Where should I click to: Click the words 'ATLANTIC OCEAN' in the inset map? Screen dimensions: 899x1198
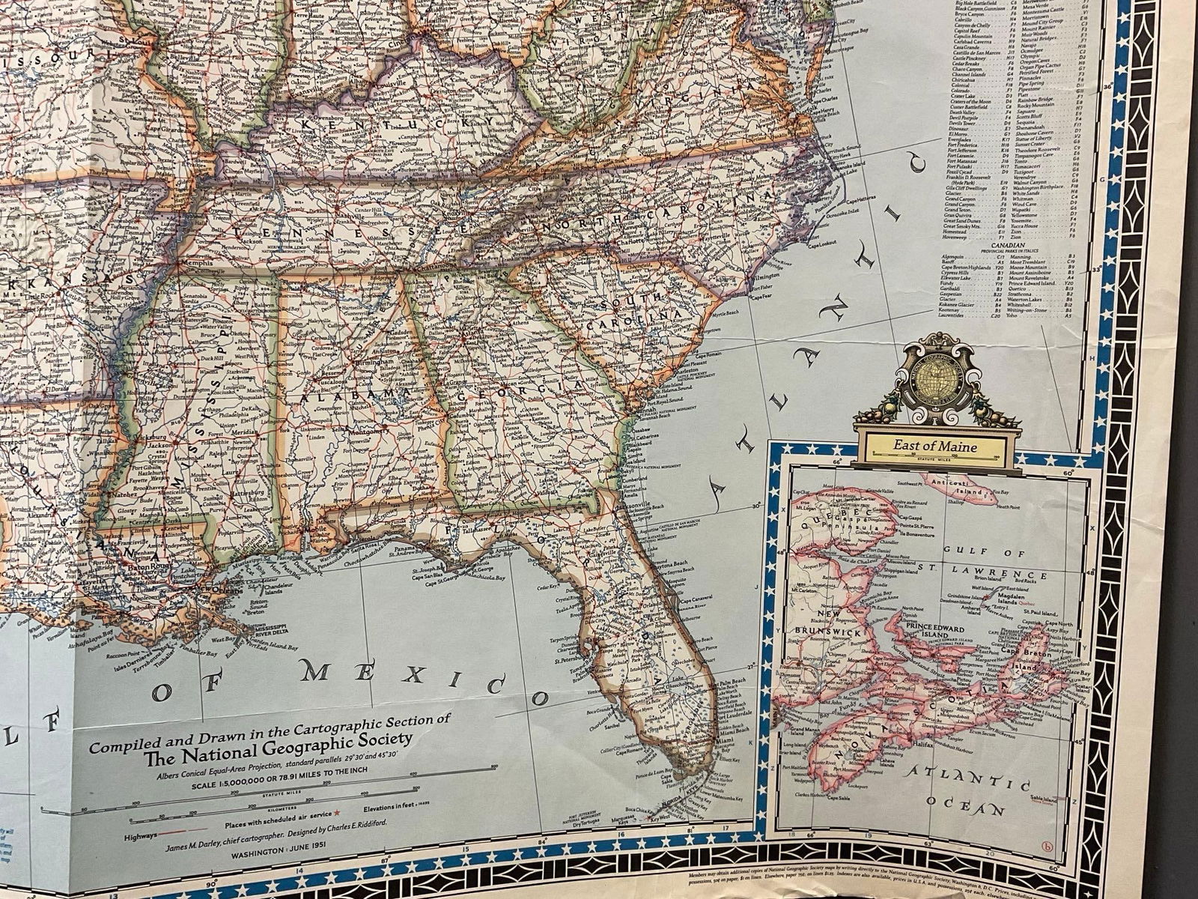tap(965, 794)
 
